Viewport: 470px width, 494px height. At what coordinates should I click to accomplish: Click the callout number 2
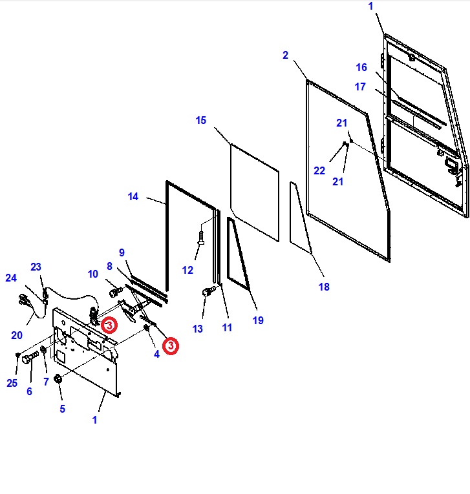click(x=285, y=56)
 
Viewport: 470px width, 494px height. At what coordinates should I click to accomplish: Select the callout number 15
click(x=200, y=120)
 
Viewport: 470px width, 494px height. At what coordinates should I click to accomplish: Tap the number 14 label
click(x=133, y=197)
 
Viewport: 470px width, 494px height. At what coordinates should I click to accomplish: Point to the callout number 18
click(x=323, y=287)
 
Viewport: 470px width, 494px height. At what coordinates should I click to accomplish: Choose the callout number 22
click(x=319, y=170)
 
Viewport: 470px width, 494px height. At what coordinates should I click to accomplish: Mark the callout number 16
click(x=361, y=67)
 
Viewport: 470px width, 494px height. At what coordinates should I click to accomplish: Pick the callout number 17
click(x=360, y=87)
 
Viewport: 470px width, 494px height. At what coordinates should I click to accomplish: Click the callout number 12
click(x=187, y=270)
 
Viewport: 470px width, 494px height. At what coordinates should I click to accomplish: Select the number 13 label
click(x=197, y=329)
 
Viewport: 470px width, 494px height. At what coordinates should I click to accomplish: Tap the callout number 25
click(x=12, y=383)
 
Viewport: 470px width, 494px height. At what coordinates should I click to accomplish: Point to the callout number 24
click(x=11, y=278)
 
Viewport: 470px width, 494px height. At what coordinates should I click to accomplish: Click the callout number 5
click(x=62, y=408)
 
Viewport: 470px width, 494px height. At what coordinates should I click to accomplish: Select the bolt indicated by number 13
click(x=208, y=293)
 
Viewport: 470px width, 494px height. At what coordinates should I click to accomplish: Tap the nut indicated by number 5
click(x=58, y=378)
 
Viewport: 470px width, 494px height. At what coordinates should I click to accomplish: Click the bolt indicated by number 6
click(x=28, y=359)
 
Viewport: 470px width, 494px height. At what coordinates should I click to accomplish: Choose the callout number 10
click(x=93, y=274)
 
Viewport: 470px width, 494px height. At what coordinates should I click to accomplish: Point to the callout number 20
click(x=16, y=335)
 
